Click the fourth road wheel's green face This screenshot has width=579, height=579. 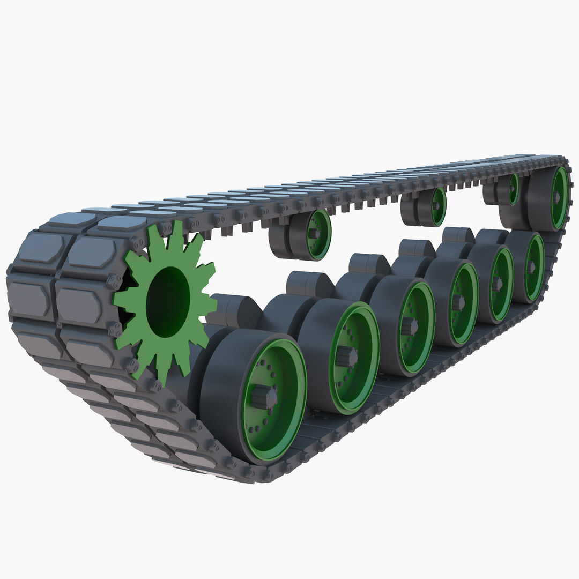point(462,303)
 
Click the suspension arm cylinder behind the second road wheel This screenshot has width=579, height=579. point(303,284)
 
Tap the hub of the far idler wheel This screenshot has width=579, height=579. point(558,197)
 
